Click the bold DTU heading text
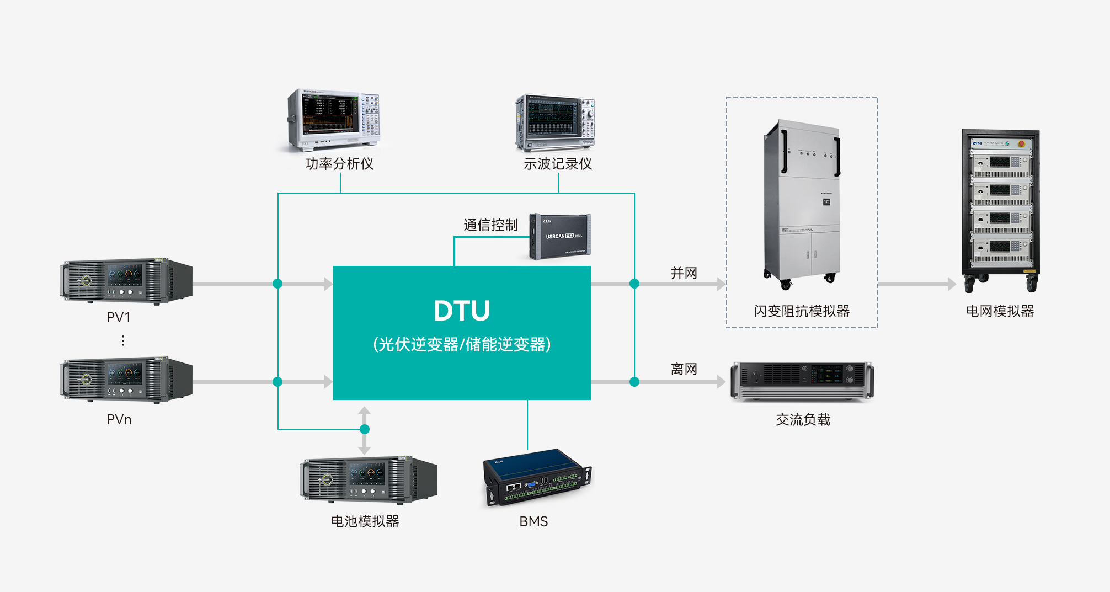(x=462, y=311)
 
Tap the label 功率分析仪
(x=339, y=164)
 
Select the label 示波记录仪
(x=558, y=164)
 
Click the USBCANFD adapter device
(x=560, y=237)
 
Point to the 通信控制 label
(x=490, y=225)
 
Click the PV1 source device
(x=126, y=281)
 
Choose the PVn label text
(x=119, y=420)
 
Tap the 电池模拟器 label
(x=365, y=521)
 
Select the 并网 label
(x=684, y=273)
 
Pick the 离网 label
(x=684, y=369)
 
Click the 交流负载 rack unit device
(x=802, y=381)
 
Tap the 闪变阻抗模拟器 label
(x=802, y=311)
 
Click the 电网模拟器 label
(x=1000, y=311)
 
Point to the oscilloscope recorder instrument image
(x=556, y=122)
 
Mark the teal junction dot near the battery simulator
(x=364, y=429)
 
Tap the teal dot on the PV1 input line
(x=277, y=284)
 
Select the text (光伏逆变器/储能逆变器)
(x=462, y=345)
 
